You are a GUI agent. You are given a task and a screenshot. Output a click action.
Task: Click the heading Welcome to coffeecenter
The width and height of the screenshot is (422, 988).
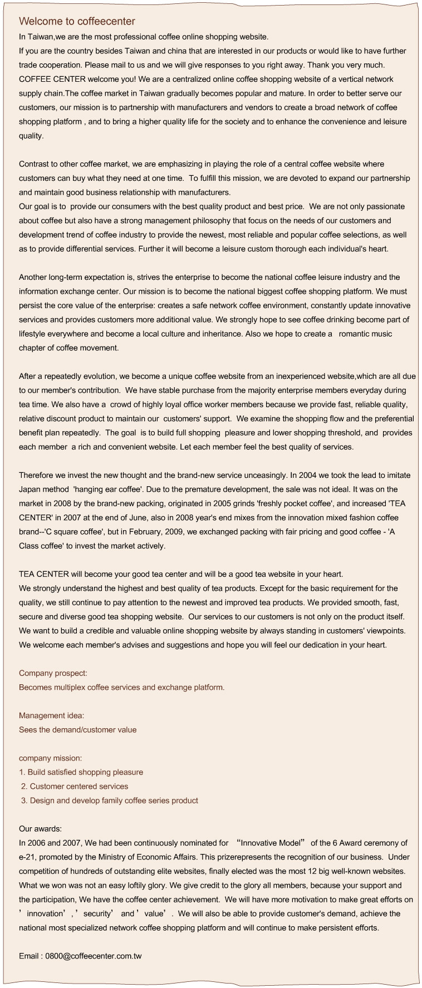click(77, 22)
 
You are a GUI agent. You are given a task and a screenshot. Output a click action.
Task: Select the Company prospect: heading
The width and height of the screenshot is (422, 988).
click(53, 673)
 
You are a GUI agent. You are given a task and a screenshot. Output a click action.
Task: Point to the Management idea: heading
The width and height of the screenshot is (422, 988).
click(52, 715)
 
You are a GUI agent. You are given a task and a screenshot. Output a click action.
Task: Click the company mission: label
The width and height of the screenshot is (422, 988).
click(51, 758)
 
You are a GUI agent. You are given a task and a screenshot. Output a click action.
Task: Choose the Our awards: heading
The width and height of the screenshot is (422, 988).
click(40, 828)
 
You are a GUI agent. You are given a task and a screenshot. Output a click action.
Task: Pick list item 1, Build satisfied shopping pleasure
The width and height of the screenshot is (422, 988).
click(81, 772)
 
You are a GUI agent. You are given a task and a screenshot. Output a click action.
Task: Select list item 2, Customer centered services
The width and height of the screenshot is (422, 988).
click(75, 786)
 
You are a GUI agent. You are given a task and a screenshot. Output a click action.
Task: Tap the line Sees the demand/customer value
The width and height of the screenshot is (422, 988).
click(77, 729)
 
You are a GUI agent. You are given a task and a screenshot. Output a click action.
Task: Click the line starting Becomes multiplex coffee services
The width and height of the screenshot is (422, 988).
click(121, 687)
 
